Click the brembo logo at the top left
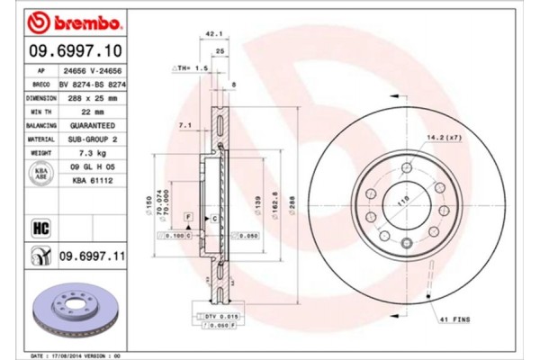[64, 20]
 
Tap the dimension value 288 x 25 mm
[91, 97]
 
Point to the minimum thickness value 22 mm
[82, 112]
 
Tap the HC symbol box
[40, 227]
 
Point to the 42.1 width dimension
[213, 33]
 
